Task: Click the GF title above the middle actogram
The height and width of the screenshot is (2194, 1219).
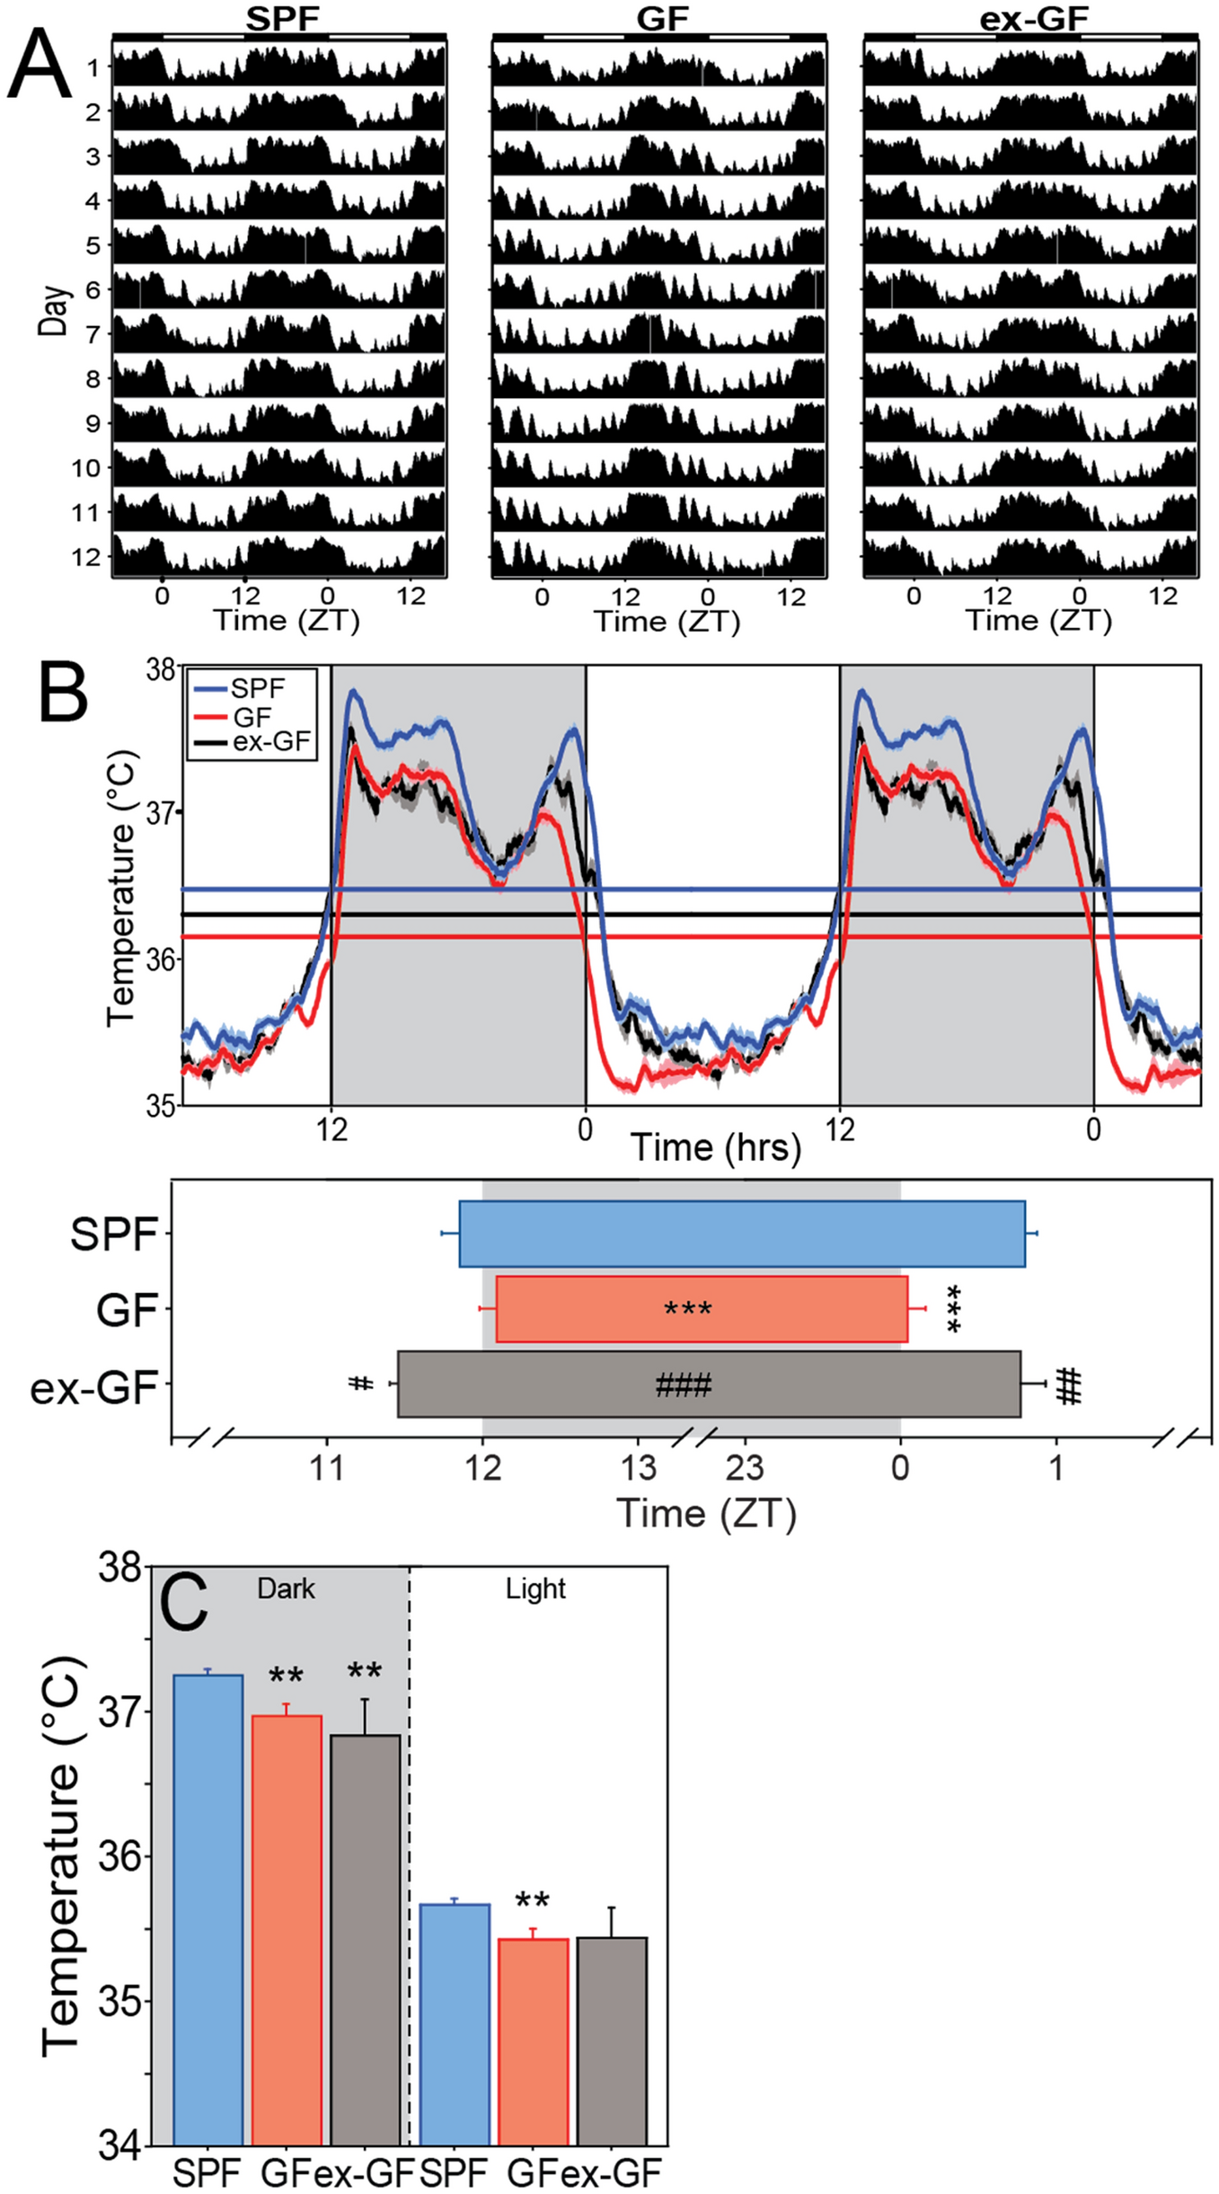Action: click(662, 18)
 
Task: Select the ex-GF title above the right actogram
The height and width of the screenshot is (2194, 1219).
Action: click(1033, 18)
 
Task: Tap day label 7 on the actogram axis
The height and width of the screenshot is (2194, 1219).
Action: click(93, 334)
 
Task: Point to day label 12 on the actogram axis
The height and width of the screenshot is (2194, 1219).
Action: click(86, 557)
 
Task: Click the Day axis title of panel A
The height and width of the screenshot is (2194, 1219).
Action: click(53, 311)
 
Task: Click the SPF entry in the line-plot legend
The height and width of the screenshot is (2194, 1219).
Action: click(257, 688)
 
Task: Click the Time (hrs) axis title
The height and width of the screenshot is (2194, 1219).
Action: click(715, 1147)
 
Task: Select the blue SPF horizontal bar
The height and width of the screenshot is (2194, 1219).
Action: click(742, 1234)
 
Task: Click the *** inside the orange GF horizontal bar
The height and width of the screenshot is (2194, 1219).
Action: click(688, 1309)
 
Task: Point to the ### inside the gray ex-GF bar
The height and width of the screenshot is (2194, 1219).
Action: click(684, 1385)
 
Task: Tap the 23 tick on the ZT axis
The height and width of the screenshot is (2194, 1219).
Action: click(745, 1468)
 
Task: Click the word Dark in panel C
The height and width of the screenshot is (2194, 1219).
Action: click(286, 1589)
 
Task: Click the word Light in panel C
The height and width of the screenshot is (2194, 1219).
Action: click(535, 1589)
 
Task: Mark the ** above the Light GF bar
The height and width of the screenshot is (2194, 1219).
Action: click(532, 1900)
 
